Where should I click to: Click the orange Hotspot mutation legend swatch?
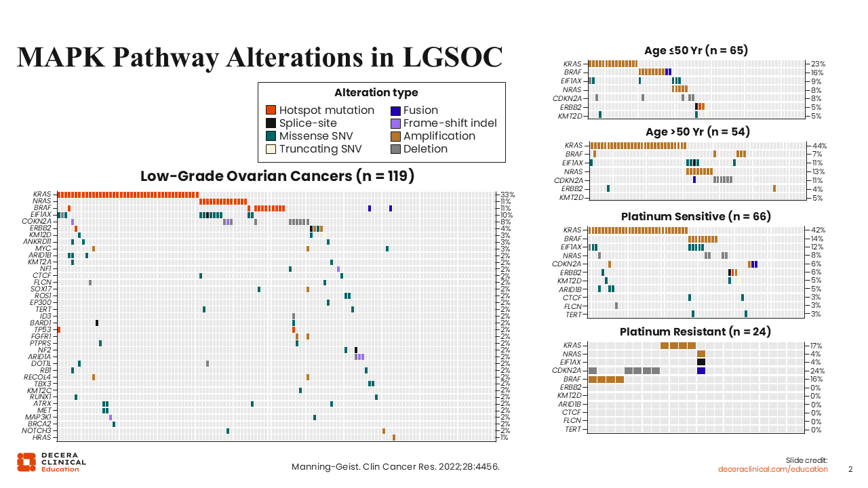coord(271,110)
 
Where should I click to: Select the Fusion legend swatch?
coord(395,110)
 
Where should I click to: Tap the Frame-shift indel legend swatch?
coord(395,123)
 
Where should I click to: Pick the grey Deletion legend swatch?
coord(395,149)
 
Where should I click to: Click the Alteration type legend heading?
coord(376,93)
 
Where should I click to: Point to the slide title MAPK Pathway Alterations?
coord(259,57)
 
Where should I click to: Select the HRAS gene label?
coord(42,437)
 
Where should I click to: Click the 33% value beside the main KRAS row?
coord(507,195)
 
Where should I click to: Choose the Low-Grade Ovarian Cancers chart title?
coord(277,176)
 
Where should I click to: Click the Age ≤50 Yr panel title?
coord(696,50)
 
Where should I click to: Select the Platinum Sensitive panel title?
coord(696,217)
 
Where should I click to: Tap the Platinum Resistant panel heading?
coord(696,332)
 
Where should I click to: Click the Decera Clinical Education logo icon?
coord(26,462)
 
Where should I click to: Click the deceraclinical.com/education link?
coord(773,469)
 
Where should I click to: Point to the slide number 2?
coord(851,469)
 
